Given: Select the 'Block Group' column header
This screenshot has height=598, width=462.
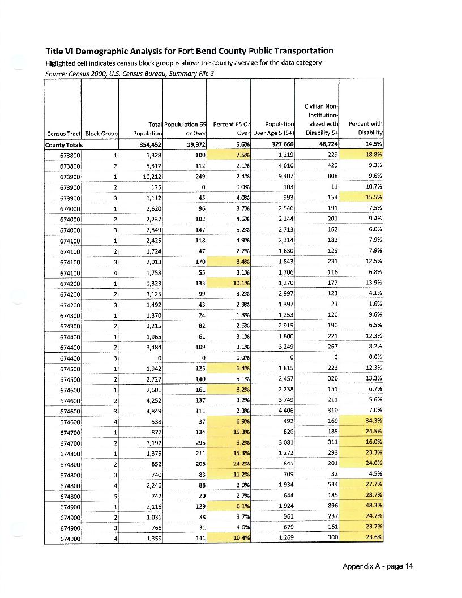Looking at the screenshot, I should click(101, 134).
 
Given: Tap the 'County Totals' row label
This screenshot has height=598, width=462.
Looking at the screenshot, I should click(63, 144).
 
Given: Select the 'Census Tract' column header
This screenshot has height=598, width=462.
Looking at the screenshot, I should click(63, 134).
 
